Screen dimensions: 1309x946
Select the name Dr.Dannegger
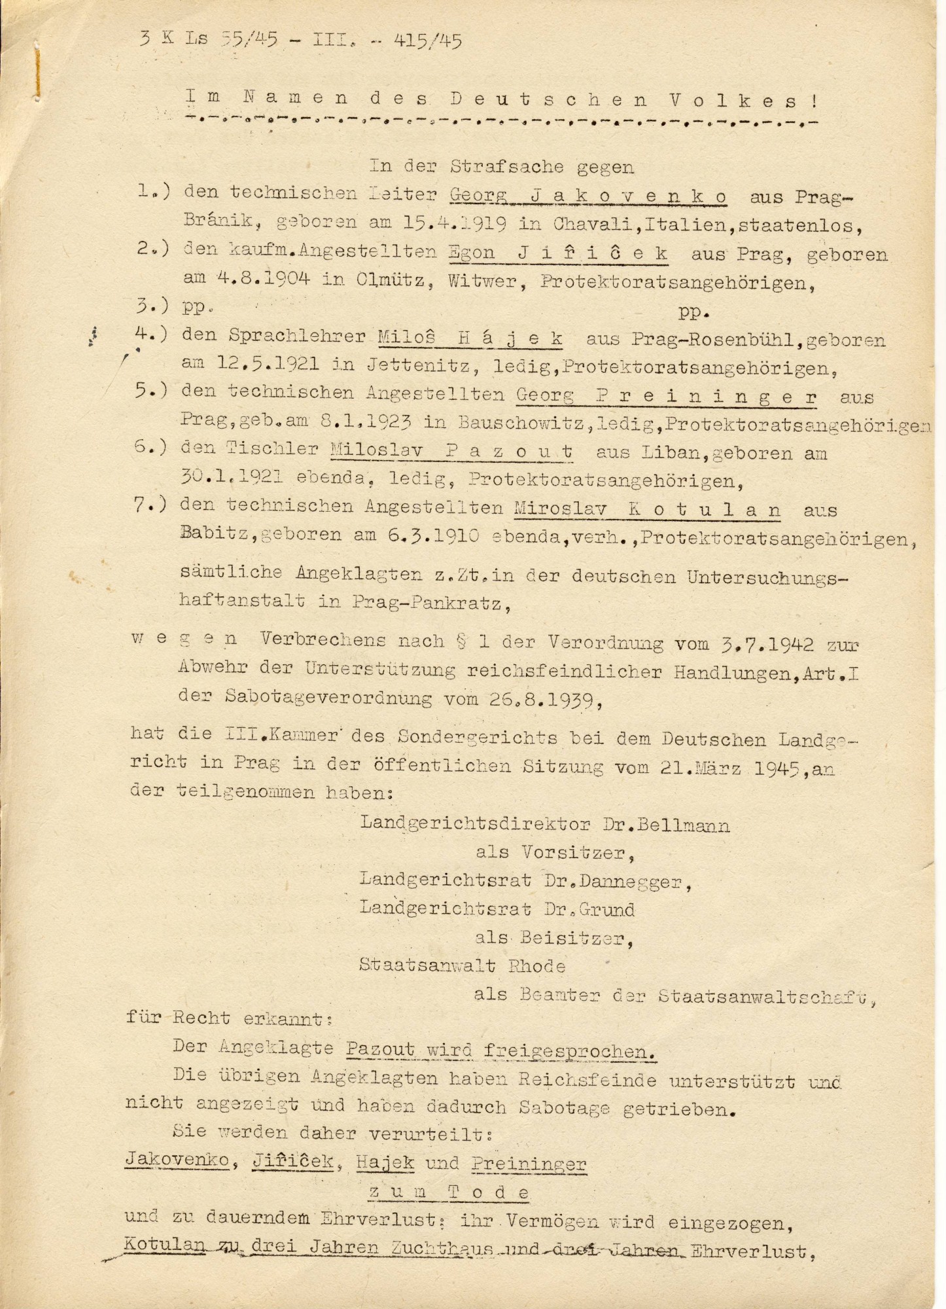point(616,882)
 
